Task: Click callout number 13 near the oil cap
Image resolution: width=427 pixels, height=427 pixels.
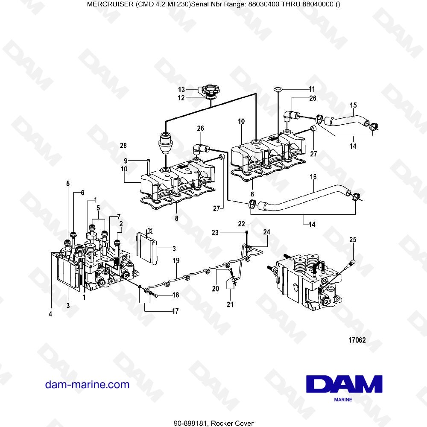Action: tap(181, 90)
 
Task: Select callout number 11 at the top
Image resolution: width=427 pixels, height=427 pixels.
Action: tap(312, 90)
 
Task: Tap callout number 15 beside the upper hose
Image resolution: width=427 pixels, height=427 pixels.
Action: tap(353, 105)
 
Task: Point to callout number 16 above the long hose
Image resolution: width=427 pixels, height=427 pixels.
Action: tap(313, 176)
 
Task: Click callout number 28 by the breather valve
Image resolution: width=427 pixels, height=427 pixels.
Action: tap(123, 146)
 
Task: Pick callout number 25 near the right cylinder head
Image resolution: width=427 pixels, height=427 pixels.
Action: tap(352, 240)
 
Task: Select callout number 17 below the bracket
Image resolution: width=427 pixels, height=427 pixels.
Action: tap(175, 311)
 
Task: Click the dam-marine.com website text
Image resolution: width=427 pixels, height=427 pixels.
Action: tap(87, 384)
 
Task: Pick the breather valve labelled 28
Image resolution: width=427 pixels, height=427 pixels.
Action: tap(165, 144)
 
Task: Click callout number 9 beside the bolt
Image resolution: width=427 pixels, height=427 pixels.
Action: tap(126, 161)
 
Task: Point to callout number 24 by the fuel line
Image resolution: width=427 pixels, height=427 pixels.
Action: tap(267, 232)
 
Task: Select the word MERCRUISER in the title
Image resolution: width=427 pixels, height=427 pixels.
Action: tap(108, 4)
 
